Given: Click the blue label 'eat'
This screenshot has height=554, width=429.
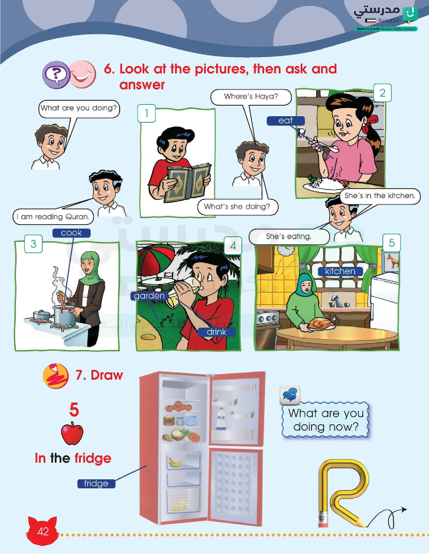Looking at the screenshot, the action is pos(286,121).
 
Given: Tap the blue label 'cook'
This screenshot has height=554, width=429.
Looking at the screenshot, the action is pos(71,233).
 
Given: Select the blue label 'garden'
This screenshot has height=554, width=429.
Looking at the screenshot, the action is pos(149,296).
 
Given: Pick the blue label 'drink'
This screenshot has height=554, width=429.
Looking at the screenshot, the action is pos(216,332).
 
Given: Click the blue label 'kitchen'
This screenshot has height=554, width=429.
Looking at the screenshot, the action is pos(340,271).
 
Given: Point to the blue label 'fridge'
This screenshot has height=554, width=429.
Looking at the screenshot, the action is pos(96,484).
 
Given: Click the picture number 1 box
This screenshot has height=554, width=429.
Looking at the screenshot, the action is pos(147,113).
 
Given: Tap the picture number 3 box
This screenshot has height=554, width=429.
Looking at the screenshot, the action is pos(33,244).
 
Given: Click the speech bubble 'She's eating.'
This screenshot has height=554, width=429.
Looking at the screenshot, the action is pos(289,237).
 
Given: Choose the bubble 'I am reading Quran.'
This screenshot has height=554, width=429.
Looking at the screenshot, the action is pos(53,217).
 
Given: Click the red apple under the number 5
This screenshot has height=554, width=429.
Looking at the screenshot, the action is pos(72,433).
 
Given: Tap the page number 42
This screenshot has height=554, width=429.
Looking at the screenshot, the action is pos(43,532).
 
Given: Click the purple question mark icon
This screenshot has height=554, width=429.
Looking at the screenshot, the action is pos(56,75).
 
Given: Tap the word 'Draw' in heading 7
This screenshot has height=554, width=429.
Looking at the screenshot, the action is pos(107,375).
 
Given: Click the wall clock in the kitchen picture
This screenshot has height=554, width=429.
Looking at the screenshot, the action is pos(286,250).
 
